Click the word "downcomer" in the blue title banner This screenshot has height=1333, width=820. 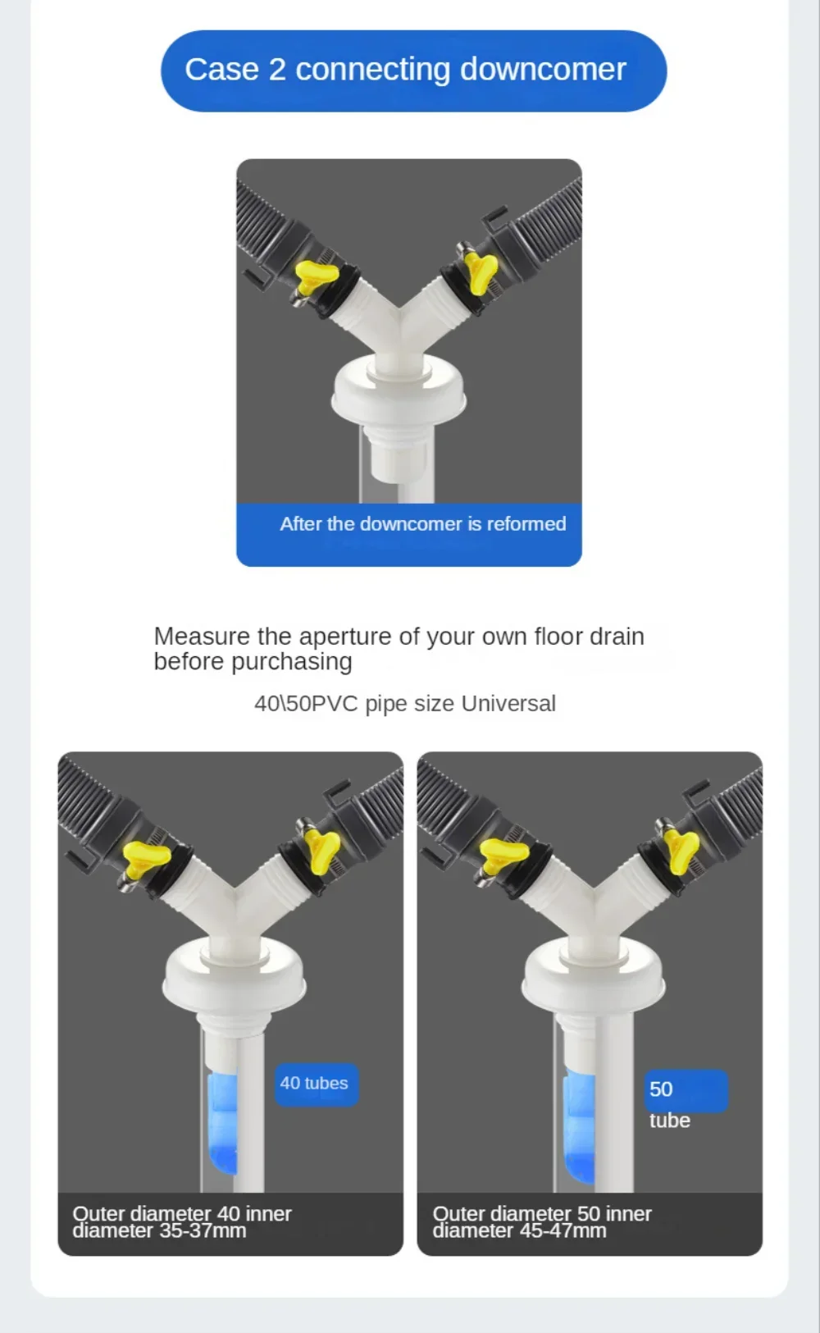(543, 69)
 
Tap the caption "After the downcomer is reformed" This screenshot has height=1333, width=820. (422, 523)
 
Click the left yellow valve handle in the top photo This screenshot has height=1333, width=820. (316, 276)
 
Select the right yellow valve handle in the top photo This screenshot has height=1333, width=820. (480, 272)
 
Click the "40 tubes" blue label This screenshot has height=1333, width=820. (316, 1083)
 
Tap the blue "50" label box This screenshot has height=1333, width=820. (686, 1090)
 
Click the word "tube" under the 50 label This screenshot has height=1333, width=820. (669, 1121)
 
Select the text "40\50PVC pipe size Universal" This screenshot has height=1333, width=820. (404, 703)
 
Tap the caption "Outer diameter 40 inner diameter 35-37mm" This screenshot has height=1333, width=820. (182, 1221)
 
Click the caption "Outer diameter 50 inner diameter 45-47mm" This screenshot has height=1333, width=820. (542, 1221)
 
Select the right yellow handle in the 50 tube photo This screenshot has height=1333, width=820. (682, 851)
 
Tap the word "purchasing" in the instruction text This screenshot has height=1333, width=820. (292, 662)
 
